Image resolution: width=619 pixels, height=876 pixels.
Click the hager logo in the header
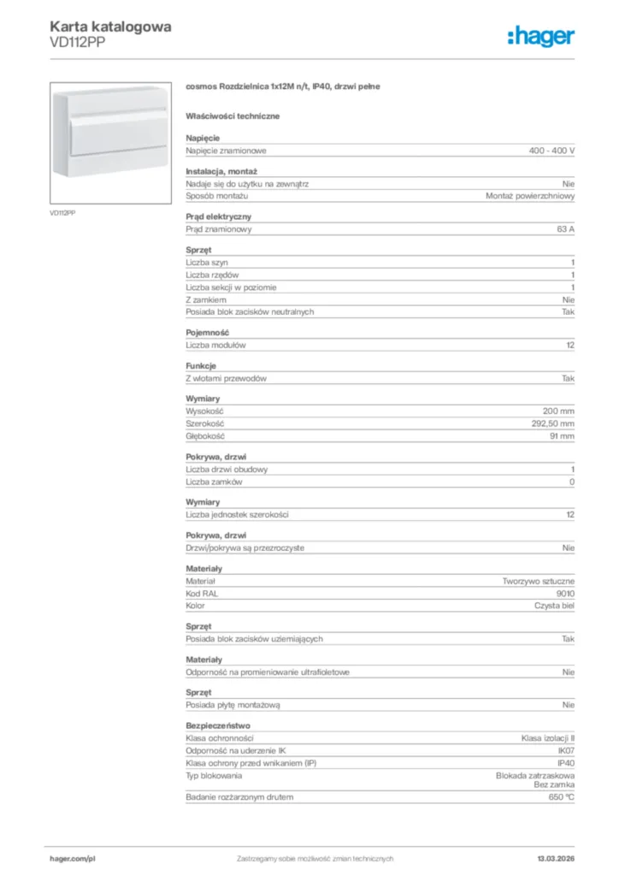click(x=540, y=36)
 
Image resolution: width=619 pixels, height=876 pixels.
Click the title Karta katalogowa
click(x=110, y=27)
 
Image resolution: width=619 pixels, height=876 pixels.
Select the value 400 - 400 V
click(x=551, y=151)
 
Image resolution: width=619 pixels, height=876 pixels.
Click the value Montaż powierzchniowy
click(x=530, y=196)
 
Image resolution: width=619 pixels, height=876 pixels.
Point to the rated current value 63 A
click(x=565, y=229)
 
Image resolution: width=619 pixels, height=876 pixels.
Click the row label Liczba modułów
click(x=216, y=345)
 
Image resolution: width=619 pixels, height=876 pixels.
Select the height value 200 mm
click(x=559, y=411)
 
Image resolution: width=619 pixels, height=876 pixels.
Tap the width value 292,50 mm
click(x=553, y=423)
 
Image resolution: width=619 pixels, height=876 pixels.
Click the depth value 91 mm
click(x=561, y=436)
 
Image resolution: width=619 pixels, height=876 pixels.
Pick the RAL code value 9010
click(x=565, y=593)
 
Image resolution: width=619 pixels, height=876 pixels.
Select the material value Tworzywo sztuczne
click(x=539, y=581)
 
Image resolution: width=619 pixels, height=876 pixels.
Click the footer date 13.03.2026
click(x=556, y=858)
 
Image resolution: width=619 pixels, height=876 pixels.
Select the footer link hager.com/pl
click(x=71, y=858)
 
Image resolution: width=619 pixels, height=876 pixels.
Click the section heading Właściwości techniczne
click(x=233, y=115)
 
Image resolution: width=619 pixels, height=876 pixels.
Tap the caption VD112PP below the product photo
click(x=62, y=212)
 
